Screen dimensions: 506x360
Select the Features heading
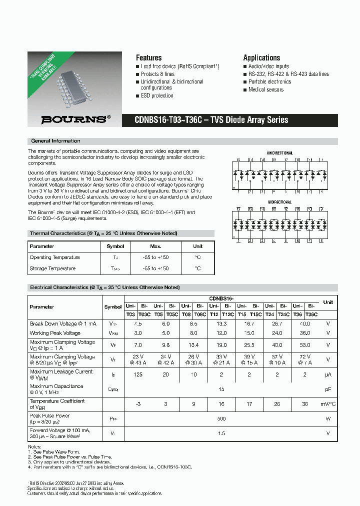(148, 58)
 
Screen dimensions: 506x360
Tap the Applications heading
(261, 58)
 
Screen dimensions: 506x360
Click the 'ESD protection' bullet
(157, 95)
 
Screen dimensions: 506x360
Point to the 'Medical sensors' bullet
(266, 89)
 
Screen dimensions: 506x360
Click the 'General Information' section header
(55, 141)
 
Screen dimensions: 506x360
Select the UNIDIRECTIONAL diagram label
(280, 153)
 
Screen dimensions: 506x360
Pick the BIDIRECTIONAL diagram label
(280, 202)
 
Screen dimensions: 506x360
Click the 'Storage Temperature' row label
(52, 268)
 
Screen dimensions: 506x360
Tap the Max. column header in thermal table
(155, 246)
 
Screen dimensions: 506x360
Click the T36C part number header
(311, 313)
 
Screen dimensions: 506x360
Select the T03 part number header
(130, 313)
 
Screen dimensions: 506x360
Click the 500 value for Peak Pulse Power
(221, 418)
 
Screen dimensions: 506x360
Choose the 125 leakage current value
(138, 374)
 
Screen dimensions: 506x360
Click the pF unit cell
(328, 388)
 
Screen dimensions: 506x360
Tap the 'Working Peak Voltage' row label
(55, 333)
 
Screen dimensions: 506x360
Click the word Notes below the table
(34, 446)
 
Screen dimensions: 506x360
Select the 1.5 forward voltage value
(221, 433)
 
